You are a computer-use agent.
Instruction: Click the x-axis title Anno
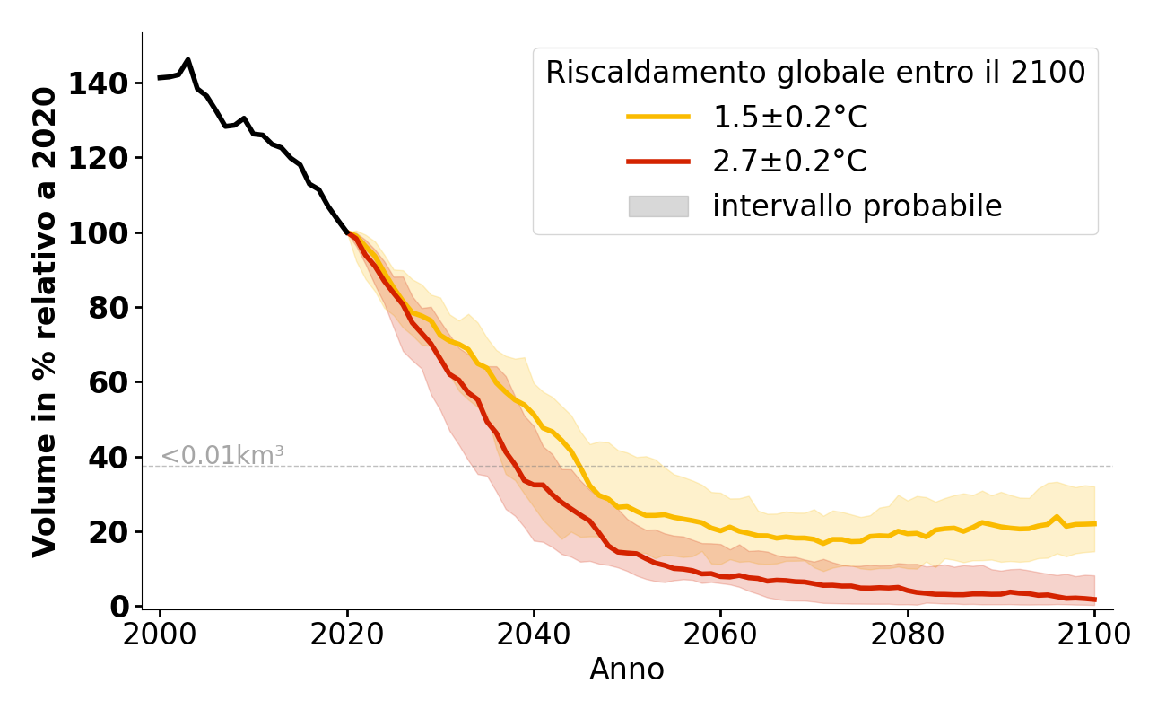point(627,670)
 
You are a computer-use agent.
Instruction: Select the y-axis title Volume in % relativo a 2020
point(46,321)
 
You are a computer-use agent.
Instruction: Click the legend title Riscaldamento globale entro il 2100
point(815,73)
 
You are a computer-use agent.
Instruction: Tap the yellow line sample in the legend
point(658,117)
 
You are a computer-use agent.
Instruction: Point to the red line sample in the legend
point(658,162)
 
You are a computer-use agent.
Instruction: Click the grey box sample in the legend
point(658,206)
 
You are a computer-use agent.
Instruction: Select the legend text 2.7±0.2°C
point(790,162)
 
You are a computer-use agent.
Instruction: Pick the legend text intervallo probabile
point(857,206)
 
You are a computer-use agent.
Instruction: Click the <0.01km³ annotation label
point(222,455)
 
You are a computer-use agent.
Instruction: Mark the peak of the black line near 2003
point(187,60)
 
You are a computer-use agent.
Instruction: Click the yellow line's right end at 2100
point(1094,523)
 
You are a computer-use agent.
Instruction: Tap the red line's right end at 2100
point(1094,600)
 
